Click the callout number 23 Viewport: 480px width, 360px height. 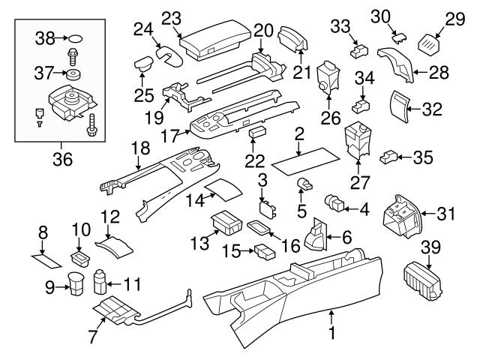[x=172, y=16]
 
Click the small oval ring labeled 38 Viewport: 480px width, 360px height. [x=76, y=35]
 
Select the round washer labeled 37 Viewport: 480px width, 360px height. [x=73, y=75]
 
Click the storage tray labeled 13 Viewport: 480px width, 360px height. [x=226, y=223]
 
